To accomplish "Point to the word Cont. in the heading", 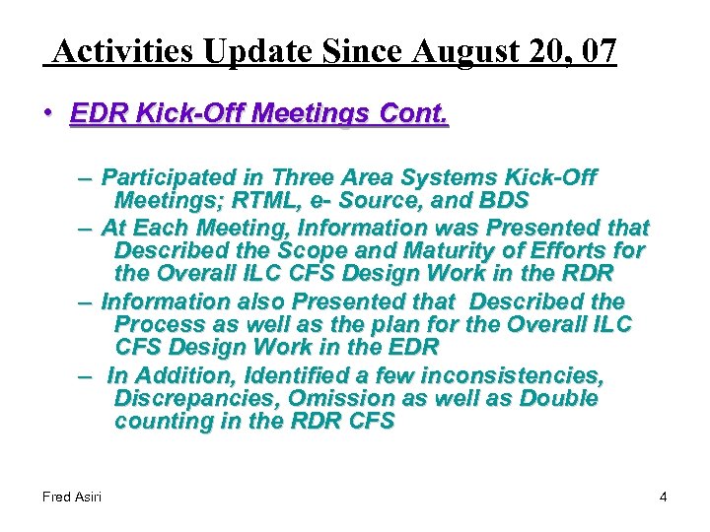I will (412, 114).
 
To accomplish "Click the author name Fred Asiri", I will (72, 497).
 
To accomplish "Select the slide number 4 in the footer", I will (663, 497).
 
